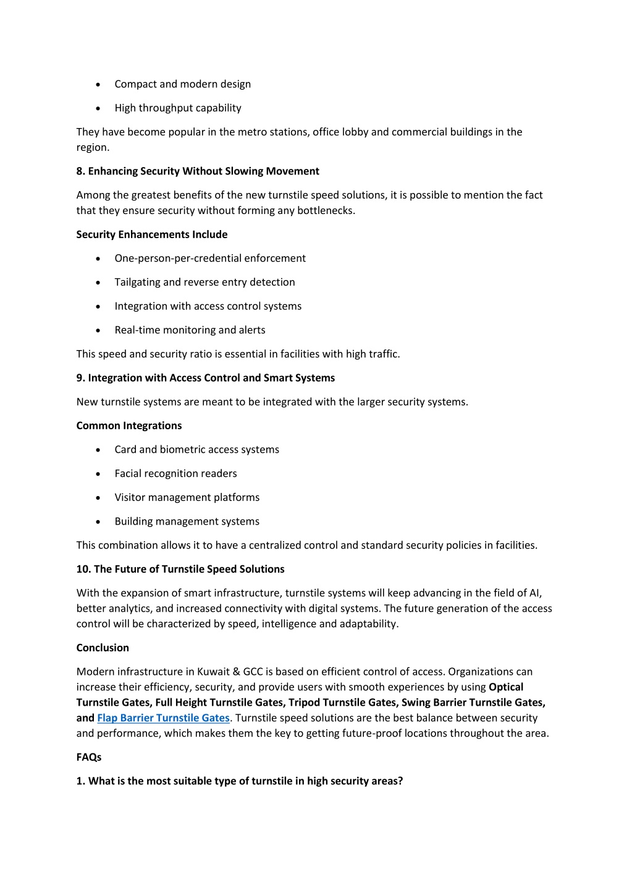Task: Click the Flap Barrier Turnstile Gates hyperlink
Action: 163,718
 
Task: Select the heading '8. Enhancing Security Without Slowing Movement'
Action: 198,171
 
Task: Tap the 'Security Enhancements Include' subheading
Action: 152,234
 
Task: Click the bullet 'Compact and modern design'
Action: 182,84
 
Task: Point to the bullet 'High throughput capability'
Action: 178,108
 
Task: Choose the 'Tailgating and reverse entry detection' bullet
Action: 204,282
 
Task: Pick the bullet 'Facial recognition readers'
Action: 175,474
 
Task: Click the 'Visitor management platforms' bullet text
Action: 187,497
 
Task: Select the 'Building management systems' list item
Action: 187,521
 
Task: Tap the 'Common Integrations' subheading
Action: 129,426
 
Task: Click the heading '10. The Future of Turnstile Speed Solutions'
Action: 180,569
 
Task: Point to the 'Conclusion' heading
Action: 103,648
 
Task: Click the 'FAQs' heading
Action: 89,757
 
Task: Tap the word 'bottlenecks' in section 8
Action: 327,211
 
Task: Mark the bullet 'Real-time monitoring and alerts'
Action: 190,330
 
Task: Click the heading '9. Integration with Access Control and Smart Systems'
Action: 206,378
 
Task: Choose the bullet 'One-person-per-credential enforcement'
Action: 210,259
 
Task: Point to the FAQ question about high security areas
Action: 240,781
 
